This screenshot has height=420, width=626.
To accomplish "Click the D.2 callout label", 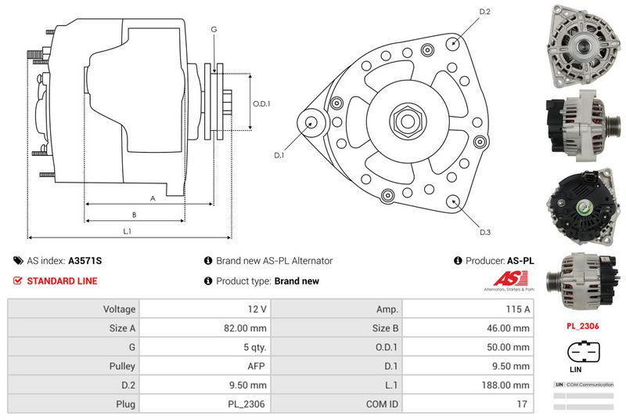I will pos(484,12).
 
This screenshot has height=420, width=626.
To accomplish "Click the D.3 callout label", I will pos(485,233).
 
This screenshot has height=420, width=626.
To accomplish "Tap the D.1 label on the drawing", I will pos(279,155).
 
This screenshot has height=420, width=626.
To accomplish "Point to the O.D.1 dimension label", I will pos(261,103).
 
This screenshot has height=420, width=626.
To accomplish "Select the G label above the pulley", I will pos(214,29).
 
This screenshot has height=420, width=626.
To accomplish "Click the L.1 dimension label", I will pos(127,231).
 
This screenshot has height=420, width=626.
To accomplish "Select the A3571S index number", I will pos(85,261).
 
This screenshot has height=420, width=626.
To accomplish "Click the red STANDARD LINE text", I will pos(63,281).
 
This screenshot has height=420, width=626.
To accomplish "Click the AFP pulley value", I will pos(258,366).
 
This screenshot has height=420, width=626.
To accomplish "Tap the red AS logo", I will pos(512,280).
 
